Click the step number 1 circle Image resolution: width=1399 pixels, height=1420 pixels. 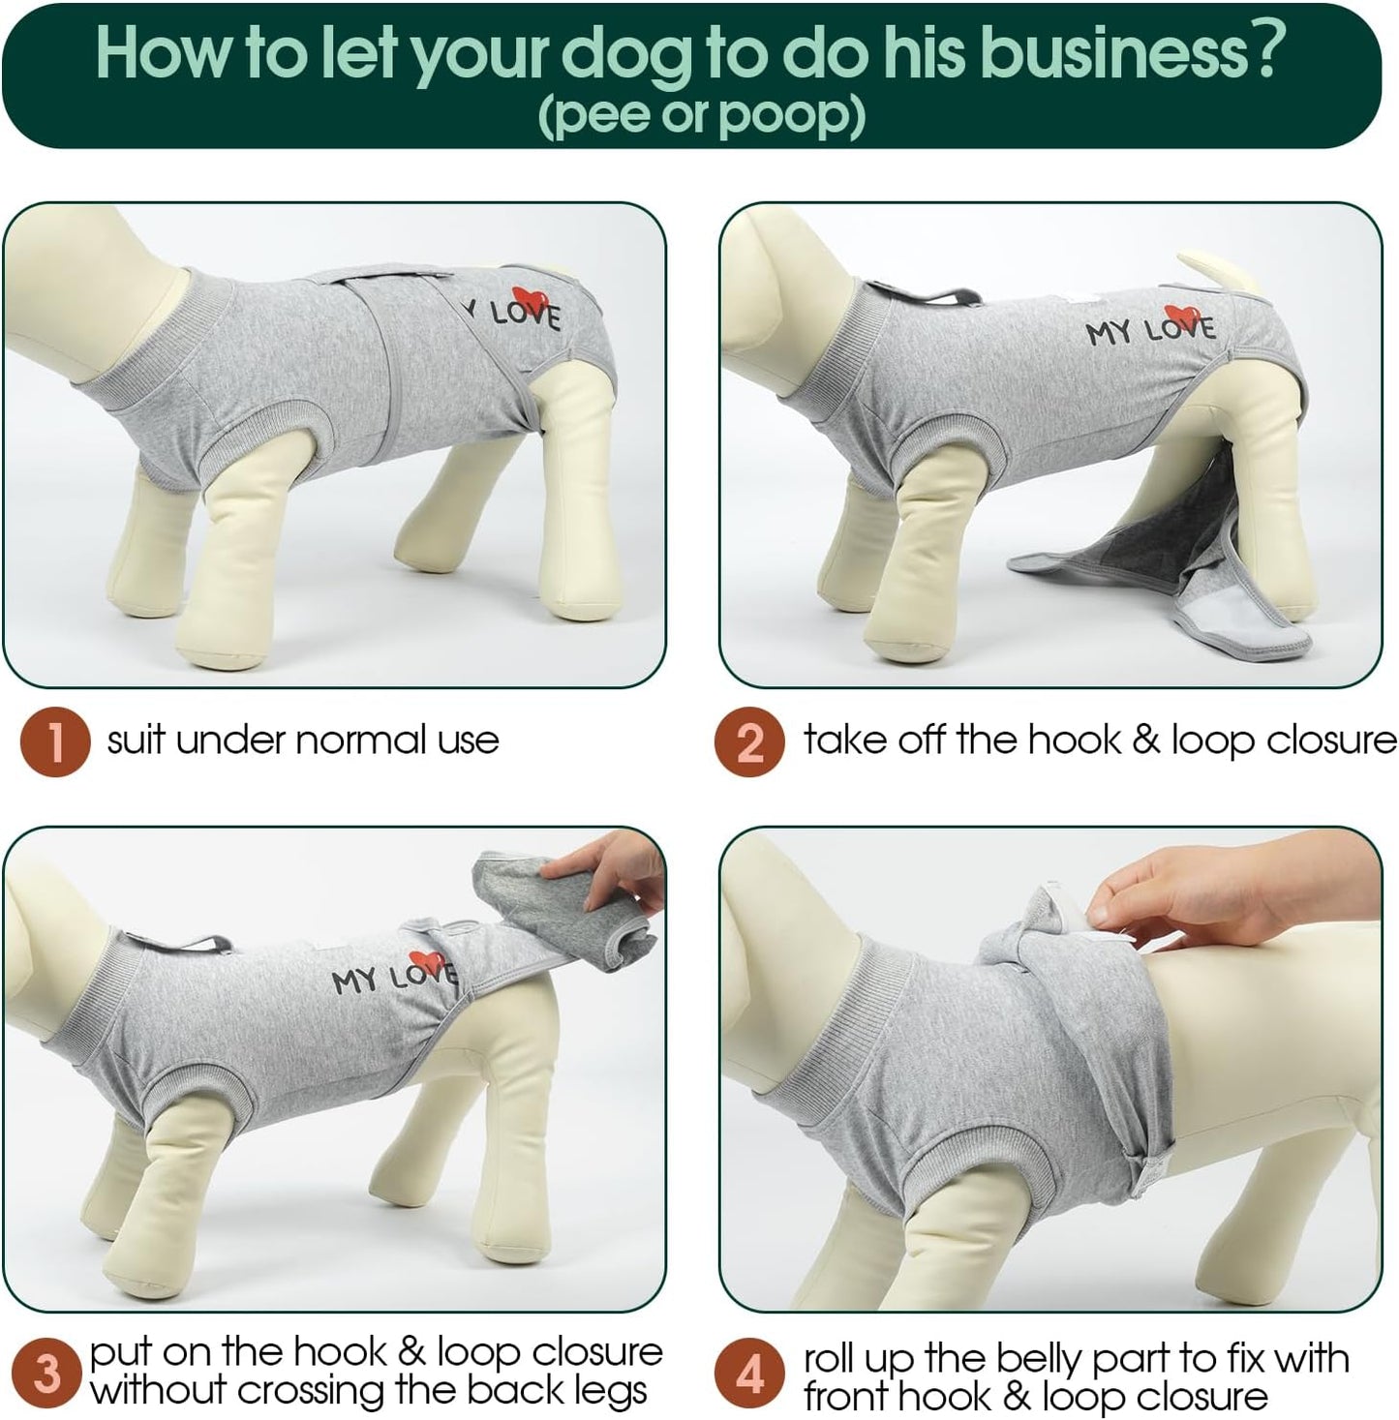pos(56,741)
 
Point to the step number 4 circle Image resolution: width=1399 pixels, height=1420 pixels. pos(748,1375)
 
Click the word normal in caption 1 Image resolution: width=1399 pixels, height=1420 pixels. pos(363,741)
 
